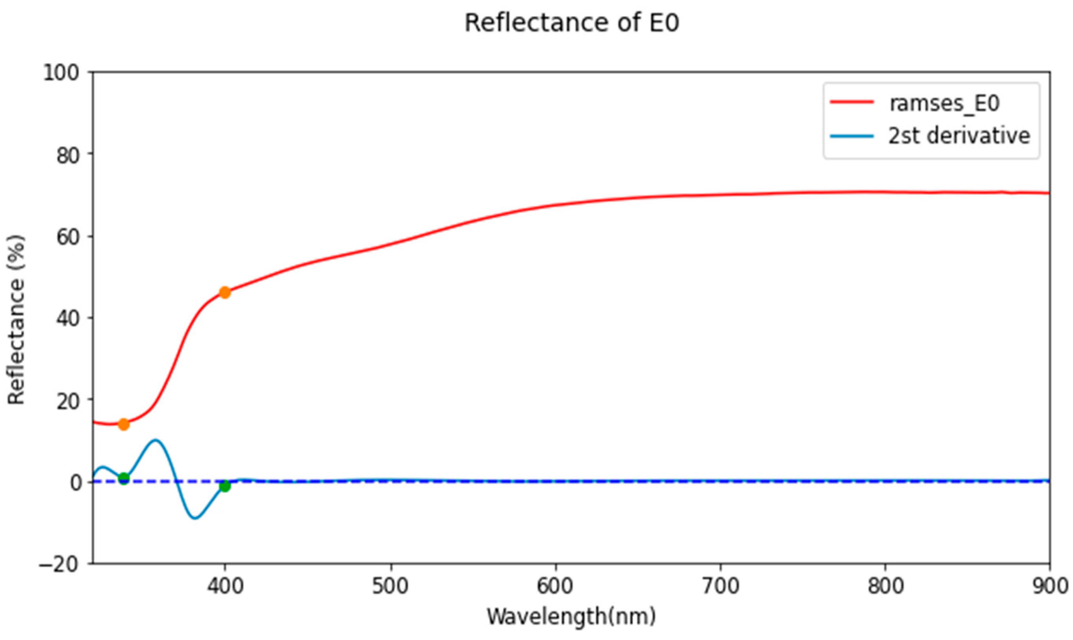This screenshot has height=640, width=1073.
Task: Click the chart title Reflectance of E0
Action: pyautogui.click(x=572, y=23)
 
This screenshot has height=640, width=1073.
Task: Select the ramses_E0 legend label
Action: pyautogui.click(x=944, y=103)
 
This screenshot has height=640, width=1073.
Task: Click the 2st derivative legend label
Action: pyautogui.click(x=959, y=136)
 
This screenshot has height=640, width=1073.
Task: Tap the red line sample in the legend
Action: pyautogui.click(x=852, y=103)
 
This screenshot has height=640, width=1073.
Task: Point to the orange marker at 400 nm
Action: pyautogui.click(x=224, y=293)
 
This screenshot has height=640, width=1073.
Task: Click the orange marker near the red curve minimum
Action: pyautogui.click(x=124, y=425)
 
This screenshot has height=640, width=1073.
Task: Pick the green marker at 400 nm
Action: pyautogui.click(x=224, y=486)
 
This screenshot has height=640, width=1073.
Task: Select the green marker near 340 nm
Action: pyautogui.click(x=124, y=478)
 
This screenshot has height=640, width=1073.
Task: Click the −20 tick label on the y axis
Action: pyautogui.click(x=60, y=564)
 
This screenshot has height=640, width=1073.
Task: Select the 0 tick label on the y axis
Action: pyautogui.click(x=76, y=482)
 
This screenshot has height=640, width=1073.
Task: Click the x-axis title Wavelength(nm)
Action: pyautogui.click(x=572, y=617)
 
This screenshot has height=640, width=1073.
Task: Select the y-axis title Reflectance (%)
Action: pyautogui.click(x=16, y=319)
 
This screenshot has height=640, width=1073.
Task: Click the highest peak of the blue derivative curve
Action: pyautogui.click(x=155, y=441)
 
